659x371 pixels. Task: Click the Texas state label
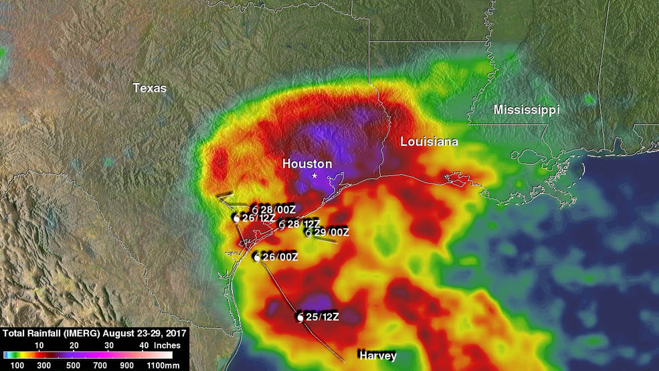pos(149,88)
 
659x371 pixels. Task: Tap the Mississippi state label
pos(526,109)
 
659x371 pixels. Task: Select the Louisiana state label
pos(429,142)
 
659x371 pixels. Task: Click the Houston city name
pos(306,163)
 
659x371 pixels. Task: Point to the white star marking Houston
pos(314,175)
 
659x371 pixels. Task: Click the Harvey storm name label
pos(377,355)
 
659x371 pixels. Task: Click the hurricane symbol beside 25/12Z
pos(300,316)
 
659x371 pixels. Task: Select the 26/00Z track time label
pos(280,257)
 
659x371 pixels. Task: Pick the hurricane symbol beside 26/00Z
pos(257,257)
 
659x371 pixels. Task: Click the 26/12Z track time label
pos(259,218)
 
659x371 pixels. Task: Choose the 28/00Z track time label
pos(278,210)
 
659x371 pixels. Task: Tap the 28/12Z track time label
pos(303,224)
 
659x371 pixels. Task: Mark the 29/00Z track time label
pos(331,232)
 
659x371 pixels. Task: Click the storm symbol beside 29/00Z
pos(308,232)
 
